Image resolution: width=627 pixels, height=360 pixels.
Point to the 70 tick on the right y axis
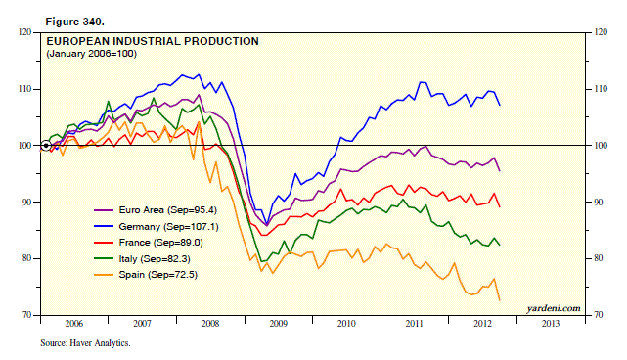click(591, 316)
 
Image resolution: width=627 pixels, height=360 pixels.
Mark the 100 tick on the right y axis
click(593, 146)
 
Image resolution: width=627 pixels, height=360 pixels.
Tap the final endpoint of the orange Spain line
click(501, 300)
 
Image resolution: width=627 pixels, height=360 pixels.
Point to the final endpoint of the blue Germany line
click(501, 105)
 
